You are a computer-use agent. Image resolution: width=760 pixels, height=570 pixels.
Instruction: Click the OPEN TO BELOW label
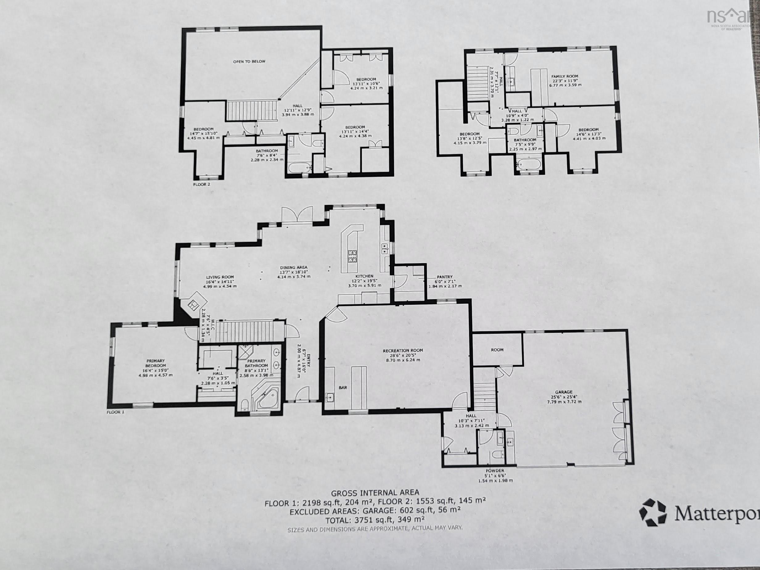(250, 61)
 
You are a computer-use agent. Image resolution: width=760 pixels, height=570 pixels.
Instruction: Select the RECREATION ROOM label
(403, 350)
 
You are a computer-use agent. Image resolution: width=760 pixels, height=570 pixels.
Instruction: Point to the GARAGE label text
(564, 392)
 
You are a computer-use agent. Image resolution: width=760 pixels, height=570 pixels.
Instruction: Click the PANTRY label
(445, 277)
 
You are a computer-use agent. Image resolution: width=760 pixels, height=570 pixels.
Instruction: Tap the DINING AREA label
(293, 267)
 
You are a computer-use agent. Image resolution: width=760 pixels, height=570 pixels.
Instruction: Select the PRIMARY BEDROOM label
(156, 363)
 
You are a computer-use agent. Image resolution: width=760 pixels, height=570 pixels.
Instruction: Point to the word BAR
(343, 388)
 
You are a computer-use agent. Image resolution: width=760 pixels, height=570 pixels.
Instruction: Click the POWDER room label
(495, 470)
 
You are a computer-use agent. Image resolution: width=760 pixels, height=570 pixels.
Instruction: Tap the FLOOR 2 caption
(202, 184)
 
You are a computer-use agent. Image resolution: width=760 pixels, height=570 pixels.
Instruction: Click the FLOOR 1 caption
(115, 412)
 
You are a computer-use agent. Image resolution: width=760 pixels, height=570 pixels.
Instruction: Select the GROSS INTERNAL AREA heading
(375, 493)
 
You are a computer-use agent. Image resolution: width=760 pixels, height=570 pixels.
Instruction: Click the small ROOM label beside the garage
(497, 350)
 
